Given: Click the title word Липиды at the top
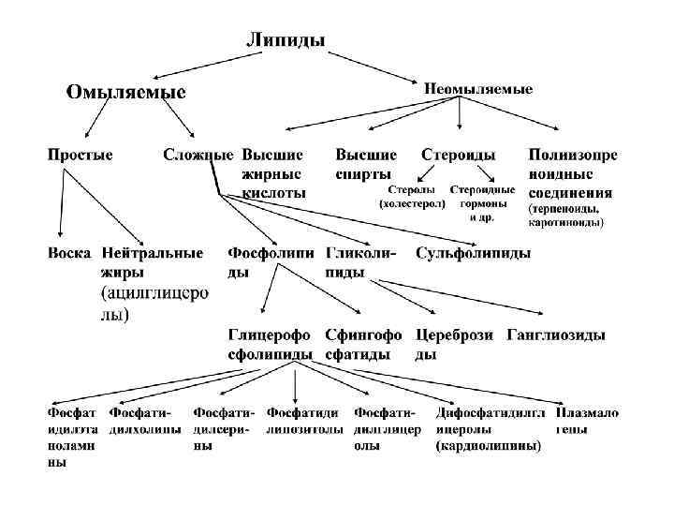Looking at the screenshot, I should coord(286,39).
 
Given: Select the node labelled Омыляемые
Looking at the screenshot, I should coord(125,92).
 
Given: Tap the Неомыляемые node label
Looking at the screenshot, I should coord(478,88).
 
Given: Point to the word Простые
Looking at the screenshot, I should coord(81,154).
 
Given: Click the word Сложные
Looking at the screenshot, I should coord(198,154).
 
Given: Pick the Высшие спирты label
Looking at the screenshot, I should coord(366,163).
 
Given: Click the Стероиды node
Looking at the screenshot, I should coord(459,154).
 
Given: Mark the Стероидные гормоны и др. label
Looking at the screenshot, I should coord(482,202).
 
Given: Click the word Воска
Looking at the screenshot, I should coord(70,253).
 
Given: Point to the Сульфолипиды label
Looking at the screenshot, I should coord(474,253).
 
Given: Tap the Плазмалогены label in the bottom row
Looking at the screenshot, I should coord(587,420).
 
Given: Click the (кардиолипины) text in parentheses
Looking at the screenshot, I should coord(489,447).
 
